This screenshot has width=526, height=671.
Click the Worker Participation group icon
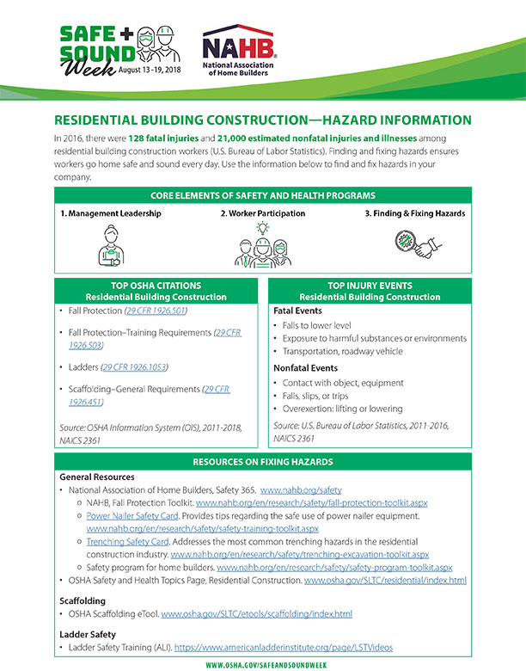pos(263,244)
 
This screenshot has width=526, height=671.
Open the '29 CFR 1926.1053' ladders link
pos(134,367)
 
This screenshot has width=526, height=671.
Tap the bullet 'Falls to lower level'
pos(324,325)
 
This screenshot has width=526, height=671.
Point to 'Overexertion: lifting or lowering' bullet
pos(349,410)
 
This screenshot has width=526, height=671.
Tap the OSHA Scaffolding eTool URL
pos(256,614)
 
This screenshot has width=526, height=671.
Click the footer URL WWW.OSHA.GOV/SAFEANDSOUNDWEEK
pos(263,665)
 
